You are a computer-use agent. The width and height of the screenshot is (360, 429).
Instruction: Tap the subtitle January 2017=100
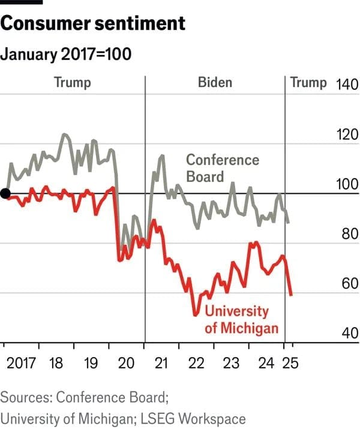coord(66,54)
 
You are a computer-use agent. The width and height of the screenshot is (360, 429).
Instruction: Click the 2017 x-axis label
coord(23,363)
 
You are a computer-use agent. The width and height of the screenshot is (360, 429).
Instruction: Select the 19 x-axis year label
coord(91,363)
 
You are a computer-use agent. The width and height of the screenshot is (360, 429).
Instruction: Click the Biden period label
coord(215,82)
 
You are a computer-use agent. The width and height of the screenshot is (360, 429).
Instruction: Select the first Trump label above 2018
coord(73,82)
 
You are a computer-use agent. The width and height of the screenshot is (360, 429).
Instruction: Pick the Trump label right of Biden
coord(308,82)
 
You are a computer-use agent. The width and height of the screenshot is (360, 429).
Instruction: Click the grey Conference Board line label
coord(222,168)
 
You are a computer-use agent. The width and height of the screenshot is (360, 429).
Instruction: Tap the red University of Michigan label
coord(241,319)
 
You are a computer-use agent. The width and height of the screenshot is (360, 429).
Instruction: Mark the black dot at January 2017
coord(5,193)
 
